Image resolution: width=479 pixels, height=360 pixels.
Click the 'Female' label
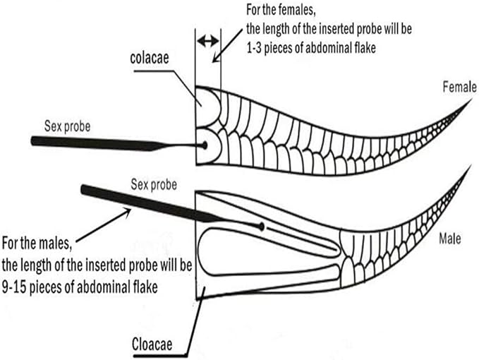459,87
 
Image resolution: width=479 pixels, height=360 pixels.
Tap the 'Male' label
449,239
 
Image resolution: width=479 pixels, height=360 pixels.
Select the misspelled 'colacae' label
150,58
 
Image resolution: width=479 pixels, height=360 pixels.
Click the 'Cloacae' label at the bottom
152,344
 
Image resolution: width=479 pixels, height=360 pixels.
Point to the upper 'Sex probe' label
67,126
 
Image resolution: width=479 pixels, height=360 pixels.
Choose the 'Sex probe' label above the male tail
154,184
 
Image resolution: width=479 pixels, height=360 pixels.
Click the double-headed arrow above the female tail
208,41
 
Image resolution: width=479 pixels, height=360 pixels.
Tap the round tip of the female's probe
204,145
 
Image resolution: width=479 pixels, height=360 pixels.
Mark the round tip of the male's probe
262,227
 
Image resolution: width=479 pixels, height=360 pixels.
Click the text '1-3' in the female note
253,48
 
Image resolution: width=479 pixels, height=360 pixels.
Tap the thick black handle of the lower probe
147,204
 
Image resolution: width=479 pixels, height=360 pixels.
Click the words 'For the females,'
281,10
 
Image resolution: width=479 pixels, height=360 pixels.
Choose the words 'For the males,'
37,244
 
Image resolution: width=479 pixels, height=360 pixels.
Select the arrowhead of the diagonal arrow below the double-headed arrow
215,59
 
